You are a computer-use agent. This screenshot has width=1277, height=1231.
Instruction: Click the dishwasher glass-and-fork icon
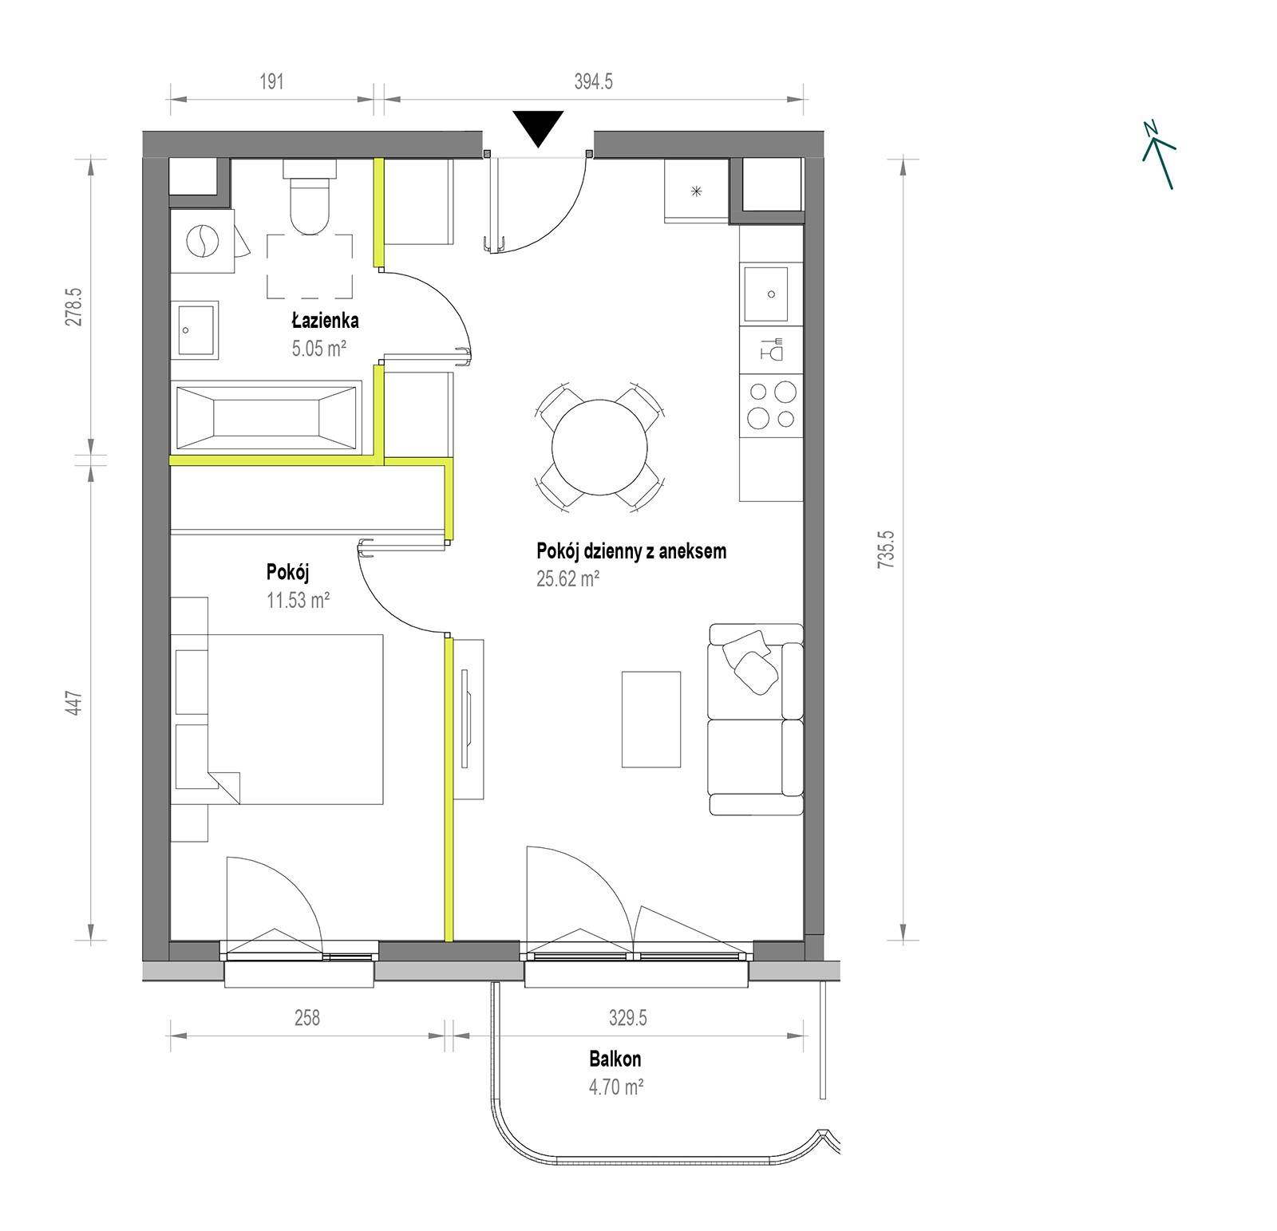[772, 349]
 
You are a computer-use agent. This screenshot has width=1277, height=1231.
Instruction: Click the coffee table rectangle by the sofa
[651, 719]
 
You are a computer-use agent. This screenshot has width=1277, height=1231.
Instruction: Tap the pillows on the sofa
[750, 660]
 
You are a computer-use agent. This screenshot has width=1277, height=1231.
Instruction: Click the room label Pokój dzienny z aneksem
[631, 551]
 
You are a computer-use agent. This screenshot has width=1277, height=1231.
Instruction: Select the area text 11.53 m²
[298, 600]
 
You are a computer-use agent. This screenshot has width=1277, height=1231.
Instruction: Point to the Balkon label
[615, 1059]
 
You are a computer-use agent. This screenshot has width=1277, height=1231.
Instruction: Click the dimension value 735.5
[886, 550]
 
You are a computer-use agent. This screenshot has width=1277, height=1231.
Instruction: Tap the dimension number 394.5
[593, 81]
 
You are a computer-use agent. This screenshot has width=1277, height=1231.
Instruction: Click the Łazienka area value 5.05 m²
[319, 348]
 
